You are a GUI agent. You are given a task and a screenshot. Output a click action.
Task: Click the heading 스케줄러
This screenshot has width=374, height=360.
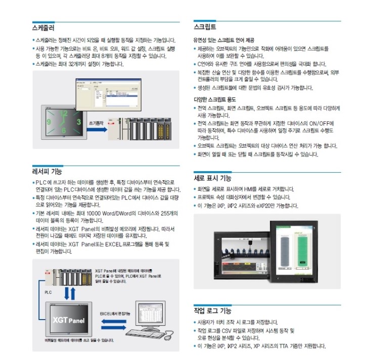[43, 28]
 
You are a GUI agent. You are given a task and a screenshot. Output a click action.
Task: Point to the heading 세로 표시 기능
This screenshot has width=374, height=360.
[212, 178]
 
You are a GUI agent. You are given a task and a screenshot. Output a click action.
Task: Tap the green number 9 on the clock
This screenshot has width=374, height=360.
[49, 122]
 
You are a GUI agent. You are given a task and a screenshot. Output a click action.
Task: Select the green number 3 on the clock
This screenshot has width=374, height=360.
[79, 122]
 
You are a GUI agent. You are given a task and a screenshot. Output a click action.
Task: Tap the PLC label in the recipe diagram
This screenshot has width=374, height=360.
[48, 292]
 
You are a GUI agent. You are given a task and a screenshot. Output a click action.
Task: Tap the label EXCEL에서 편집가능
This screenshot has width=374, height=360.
[115, 314]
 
